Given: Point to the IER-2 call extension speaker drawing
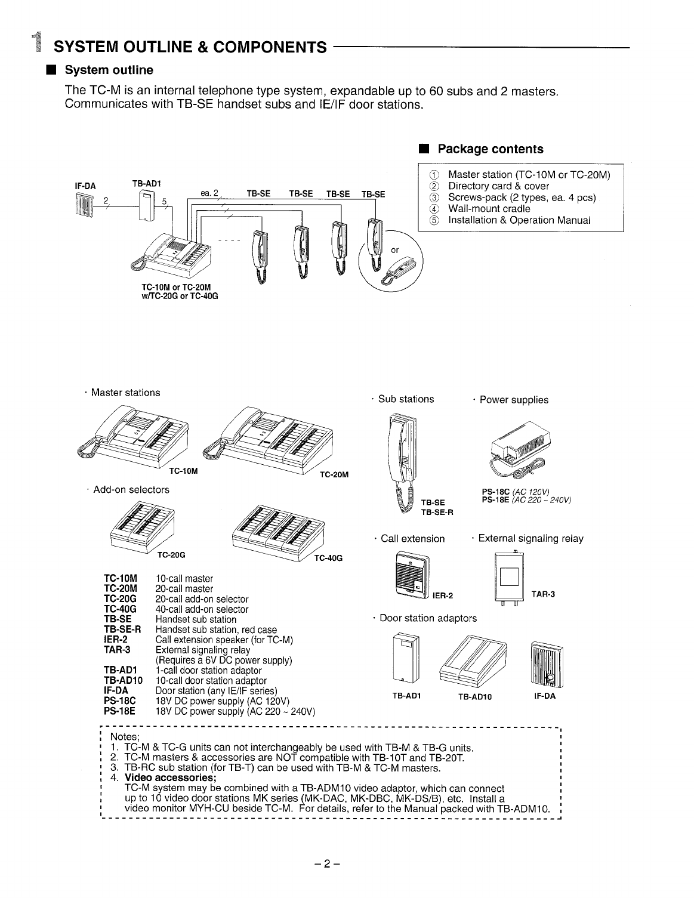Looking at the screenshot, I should [411, 575].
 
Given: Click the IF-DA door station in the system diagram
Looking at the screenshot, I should [84, 206].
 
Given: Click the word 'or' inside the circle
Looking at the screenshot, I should [394, 250].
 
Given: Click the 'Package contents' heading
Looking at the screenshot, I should [491, 149].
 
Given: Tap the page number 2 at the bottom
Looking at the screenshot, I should [327, 863].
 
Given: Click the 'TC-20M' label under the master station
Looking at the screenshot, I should [334, 474].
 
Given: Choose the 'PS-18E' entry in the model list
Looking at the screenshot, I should [120, 711].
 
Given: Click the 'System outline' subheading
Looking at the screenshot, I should [109, 70].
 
